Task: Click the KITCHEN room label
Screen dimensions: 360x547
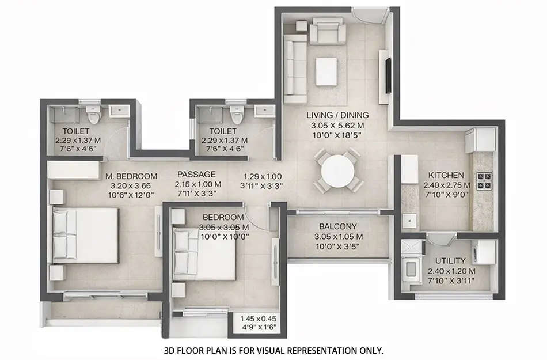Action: point(446,175)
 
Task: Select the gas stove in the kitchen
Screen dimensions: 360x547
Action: point(484,182)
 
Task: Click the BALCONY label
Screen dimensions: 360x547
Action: point(339,226)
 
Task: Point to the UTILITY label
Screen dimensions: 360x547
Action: point(451,260)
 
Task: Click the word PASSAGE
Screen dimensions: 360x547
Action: point(196,174)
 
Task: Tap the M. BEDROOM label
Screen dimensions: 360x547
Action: point(131,176)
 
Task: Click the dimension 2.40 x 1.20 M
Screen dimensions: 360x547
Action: point(451,271)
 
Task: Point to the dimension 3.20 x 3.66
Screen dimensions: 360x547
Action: point(131,186)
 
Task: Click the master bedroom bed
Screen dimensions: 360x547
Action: point(86,235)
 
